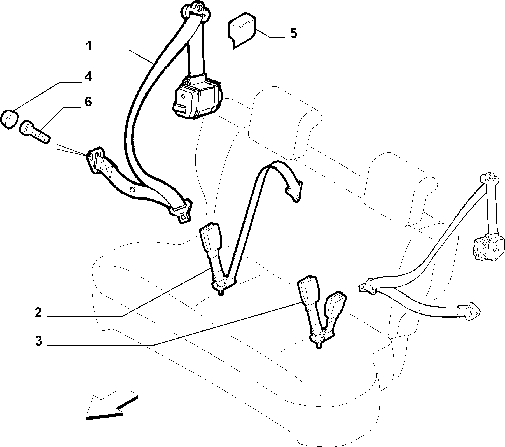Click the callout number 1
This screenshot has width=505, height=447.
coord(89,46)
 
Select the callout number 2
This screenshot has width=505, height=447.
coord(38,313)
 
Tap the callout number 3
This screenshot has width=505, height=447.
coord(39,341)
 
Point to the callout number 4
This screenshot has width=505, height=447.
coord(88,76)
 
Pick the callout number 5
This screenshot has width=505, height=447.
coord(293,33)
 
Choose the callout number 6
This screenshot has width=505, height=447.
coord(88,102)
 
